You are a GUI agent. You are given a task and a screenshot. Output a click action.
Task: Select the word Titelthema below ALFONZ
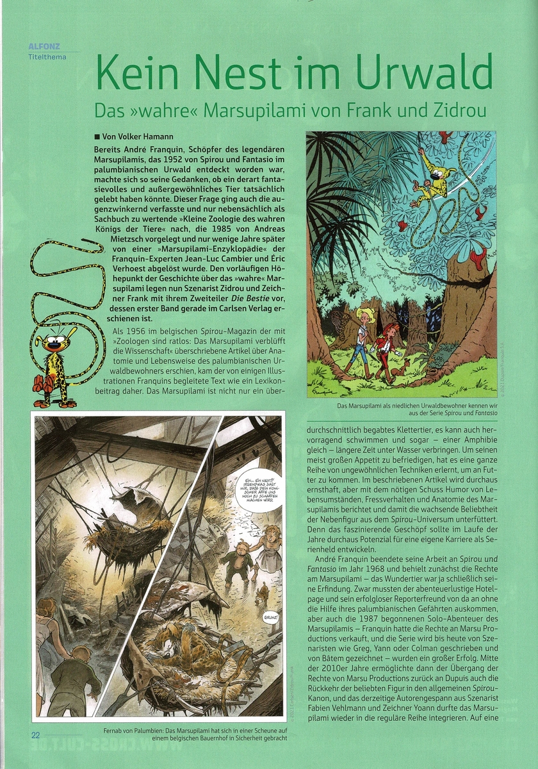47,56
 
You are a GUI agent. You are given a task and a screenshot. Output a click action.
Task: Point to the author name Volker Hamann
147,136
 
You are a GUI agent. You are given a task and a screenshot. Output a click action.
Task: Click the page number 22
35,734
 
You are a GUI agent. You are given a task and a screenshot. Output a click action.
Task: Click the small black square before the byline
97,136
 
